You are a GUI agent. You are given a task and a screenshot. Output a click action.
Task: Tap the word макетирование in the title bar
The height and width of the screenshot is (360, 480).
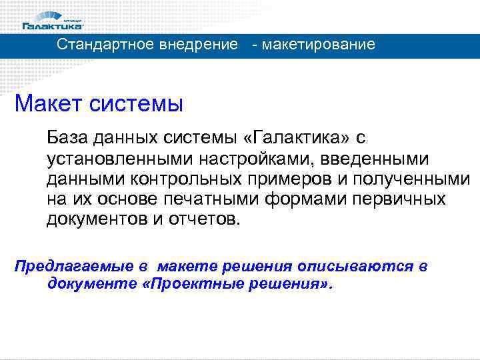(x=319, y=45)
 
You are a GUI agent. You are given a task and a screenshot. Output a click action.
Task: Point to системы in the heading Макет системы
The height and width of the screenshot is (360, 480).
(x=138, y=104)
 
